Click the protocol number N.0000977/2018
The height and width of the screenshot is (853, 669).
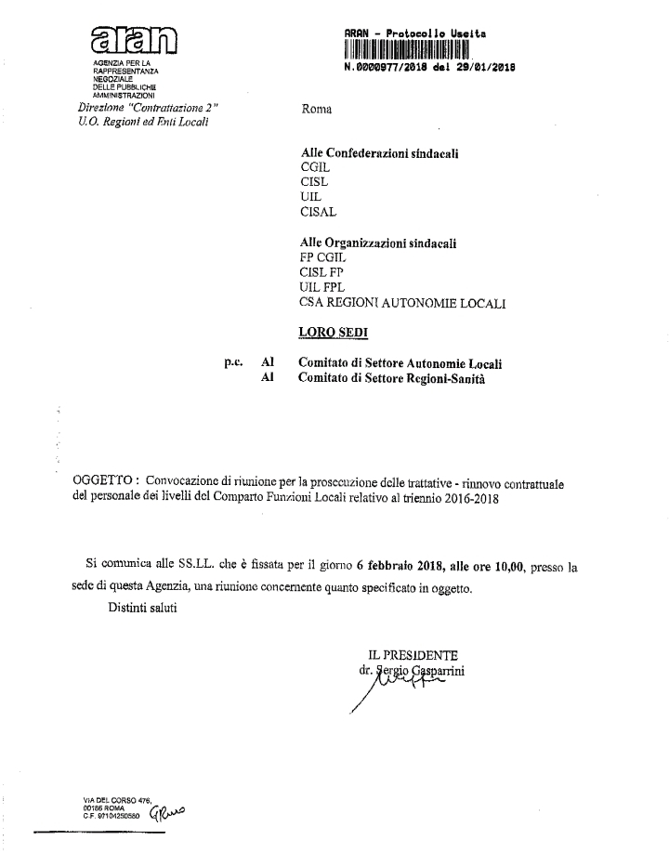click(x=429, y=68)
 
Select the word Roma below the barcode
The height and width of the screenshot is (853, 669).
click(x=318, y=110)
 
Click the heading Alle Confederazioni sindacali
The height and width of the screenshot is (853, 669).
click(x=383, y=151)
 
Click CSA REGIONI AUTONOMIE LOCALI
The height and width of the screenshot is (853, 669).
click(x=403, y=303)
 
